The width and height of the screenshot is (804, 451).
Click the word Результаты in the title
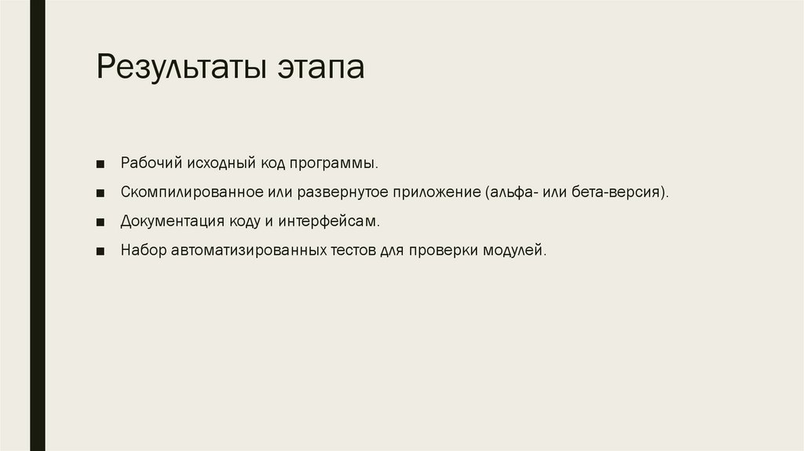coord(181,68)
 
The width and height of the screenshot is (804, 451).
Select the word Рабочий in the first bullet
coord(151,163)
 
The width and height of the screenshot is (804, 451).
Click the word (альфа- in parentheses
coord(511,192)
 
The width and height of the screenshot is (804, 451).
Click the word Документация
coord(166,222)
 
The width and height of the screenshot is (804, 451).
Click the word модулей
coord(516,251)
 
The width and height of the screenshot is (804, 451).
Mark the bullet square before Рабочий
coord(101,165)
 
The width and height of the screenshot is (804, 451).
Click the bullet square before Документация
coord(101,223)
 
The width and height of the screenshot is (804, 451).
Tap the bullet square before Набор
coord(101,252)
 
